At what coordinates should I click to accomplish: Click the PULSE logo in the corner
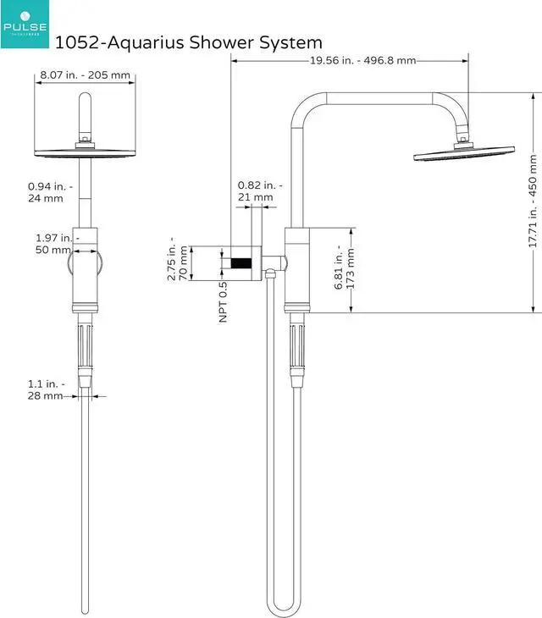[25, 24]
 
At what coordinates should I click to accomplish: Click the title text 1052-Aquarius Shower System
[188, 41]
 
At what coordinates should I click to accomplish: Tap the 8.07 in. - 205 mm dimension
[85, 75]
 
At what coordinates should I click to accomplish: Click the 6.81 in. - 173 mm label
[345, 268]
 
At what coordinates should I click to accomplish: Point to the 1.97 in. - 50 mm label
[53, 244]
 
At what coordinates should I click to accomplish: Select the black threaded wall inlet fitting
[244, 262]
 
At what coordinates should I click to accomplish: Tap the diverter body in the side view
[298, 267]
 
